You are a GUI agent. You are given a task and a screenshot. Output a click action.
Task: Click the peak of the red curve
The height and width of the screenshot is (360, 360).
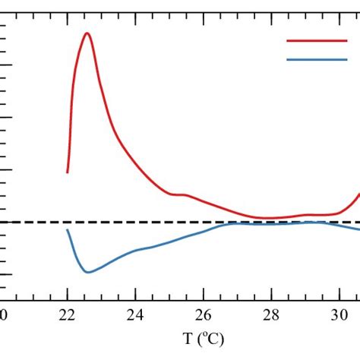pos(87,33)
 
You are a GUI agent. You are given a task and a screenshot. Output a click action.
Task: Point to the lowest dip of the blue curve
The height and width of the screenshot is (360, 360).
pos(87,272)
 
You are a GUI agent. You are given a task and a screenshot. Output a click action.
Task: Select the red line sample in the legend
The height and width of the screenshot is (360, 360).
pos(316,41)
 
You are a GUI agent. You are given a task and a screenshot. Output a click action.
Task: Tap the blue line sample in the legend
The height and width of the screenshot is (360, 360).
pos(316,59)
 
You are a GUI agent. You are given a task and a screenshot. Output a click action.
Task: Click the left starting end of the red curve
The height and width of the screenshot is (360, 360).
pos(68,172)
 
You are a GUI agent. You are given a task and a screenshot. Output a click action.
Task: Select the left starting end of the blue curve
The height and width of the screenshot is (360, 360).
pos(68,229)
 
